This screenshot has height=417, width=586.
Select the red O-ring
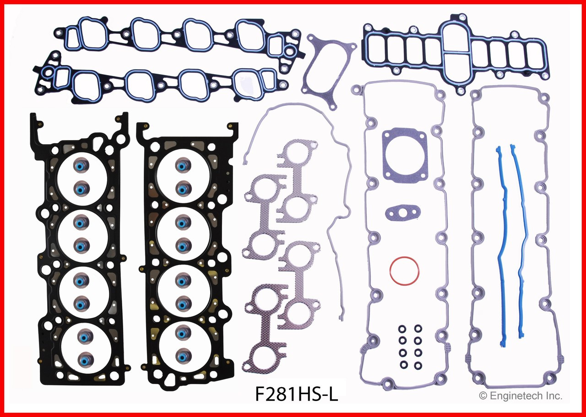pyautogui.click(x=405, y=272)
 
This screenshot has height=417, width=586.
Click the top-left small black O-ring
pyautogui.click(x=402, y=328)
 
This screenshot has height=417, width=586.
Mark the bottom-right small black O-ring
pyautogui.click(x=418, y=366)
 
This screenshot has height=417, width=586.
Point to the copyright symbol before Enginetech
pyautogui.click(x=482, y=395)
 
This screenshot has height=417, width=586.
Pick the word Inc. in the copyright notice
pyautogui.click(x=553, y=395)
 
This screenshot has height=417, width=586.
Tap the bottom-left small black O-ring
pyautogui.click(x=402, y=366)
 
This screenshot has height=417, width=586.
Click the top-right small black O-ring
pyautogui.click(x=418, y=328)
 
